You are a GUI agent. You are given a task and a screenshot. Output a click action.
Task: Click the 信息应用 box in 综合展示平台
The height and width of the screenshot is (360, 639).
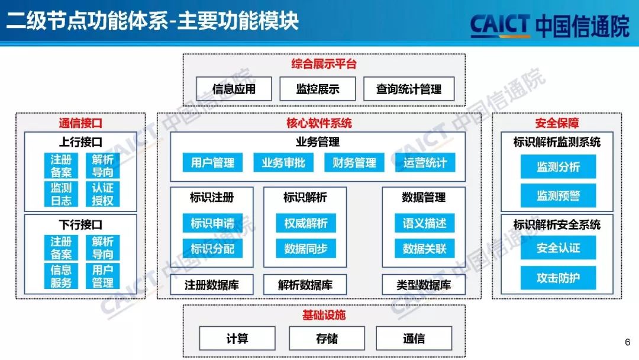[234, 89]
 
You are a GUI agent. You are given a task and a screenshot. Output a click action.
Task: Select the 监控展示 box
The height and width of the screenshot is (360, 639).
[318, 89]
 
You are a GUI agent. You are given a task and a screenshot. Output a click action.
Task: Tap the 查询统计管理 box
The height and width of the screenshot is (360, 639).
[409, 89]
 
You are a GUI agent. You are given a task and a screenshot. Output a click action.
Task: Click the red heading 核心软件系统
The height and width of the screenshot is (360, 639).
[319, 123]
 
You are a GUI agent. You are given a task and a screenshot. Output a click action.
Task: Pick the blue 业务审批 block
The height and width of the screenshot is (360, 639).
[283, 162]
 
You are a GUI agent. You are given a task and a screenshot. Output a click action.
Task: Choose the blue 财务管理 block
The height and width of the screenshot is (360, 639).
[354, 162]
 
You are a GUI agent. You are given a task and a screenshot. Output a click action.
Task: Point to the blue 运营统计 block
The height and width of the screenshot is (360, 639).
[425, 162]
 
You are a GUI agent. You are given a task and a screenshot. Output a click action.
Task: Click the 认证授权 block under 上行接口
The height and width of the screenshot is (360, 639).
[102, 194]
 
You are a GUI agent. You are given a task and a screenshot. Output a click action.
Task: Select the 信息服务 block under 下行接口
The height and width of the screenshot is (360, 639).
[61, 276]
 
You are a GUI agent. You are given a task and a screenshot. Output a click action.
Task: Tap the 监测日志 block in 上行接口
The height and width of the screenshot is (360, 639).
[61, 194]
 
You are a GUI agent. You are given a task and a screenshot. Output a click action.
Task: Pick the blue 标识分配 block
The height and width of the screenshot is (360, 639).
[212, 249]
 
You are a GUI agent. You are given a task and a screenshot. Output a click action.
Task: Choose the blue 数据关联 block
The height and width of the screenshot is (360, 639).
[424, 249]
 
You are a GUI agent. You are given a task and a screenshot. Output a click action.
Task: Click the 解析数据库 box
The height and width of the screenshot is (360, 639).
[305, 285]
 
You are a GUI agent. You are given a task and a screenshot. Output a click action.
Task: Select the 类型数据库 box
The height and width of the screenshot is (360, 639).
[424, 285]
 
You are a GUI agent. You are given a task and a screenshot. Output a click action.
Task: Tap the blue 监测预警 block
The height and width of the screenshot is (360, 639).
[558, 195]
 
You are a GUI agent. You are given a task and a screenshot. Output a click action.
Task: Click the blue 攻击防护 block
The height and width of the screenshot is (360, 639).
[558, 277]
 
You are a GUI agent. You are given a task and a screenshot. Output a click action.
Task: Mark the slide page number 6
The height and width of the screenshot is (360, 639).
[627, 342]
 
